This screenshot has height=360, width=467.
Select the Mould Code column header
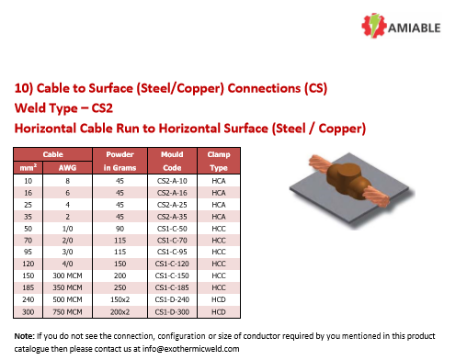click(x=173, y=162)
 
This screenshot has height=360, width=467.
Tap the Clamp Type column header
click(x=219, y=162)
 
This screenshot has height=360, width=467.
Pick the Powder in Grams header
click(x=120, y=162)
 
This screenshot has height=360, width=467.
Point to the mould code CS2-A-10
click(x=173, y=182)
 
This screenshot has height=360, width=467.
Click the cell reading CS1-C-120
click(x=173, y=262)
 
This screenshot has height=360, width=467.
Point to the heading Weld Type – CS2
click(x=63, y=108)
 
